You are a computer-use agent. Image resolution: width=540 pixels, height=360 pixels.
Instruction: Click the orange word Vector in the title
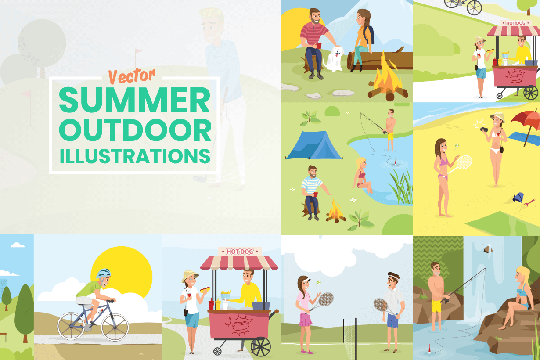[132, 76]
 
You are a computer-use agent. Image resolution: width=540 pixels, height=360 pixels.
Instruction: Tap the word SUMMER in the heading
[134, 100]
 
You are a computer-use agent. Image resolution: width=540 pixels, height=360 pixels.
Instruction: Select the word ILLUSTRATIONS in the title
[134, 156]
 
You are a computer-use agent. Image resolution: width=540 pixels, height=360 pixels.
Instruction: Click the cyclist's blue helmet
[104, 274]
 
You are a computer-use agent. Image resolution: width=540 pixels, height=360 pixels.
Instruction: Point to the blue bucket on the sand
[518, 197]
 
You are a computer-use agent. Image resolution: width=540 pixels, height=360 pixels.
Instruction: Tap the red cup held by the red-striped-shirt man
[319, 46]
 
